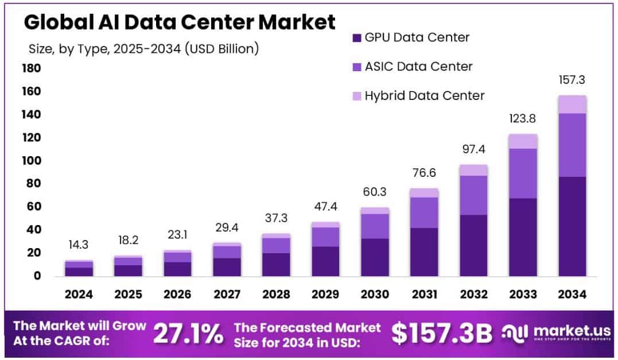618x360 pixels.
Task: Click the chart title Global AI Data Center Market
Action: point(179,22)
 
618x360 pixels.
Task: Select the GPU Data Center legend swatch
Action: point(356,38)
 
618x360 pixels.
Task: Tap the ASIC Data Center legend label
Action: point(418,67)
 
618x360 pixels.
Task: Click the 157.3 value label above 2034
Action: point(572,80)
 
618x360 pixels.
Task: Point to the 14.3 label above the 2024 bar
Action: point(79,245)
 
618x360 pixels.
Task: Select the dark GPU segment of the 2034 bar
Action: point(572,226)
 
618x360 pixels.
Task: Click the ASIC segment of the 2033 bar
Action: point(523,173)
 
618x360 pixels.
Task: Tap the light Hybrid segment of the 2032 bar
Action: point(473,170)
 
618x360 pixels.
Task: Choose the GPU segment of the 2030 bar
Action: point(375,257)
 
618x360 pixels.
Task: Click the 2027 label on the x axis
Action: point(227,295)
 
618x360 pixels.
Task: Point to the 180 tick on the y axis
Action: point(31,69)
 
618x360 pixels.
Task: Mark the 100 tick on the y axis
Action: point(31,161)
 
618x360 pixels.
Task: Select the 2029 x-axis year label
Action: point(325,295)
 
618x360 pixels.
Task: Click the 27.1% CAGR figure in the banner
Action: point(188,334)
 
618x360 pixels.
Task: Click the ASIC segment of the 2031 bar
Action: point(424,212)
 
